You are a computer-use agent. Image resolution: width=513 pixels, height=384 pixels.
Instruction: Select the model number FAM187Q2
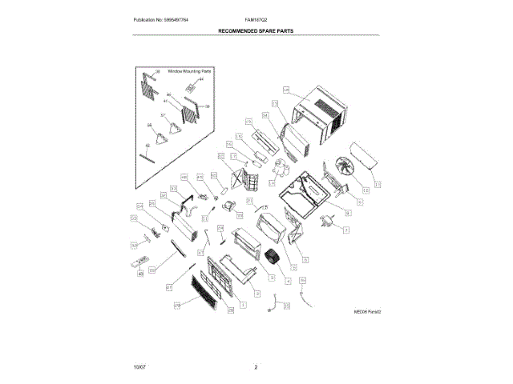[256, 18]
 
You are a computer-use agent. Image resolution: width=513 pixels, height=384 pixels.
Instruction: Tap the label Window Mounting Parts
[188, 70]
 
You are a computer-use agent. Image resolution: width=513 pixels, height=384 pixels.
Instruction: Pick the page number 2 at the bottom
[256, 367]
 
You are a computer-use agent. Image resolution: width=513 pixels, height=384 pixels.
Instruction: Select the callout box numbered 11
[366, 190]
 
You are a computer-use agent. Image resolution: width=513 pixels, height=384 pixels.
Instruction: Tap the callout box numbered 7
[345, 230]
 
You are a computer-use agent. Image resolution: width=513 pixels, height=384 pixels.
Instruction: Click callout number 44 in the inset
[201, 80]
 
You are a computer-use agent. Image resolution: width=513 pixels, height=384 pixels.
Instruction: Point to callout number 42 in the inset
[147, 145]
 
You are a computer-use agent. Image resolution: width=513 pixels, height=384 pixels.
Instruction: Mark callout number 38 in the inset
[157, 72]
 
